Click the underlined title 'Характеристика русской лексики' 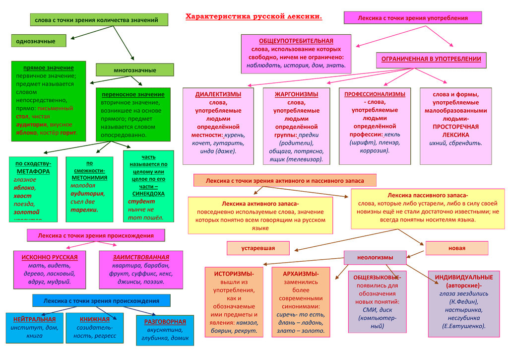tap(254, 17)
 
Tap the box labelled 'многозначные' tap(134, 70)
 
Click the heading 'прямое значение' tap(48, 68)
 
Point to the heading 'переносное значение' tap(132, 94)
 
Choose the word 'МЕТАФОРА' tap(33, 171)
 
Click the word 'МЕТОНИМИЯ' tap(89, 177)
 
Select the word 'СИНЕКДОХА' tap(148, 194)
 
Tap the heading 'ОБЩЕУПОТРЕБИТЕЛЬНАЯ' tap(296, 41)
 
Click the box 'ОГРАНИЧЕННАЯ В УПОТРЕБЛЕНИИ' tap(431, 59)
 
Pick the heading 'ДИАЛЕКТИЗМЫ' tap(218, 94)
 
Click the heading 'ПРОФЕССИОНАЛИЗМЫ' tap(375, 94)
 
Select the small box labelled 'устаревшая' tap(258, 248)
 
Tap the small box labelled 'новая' tap(456, 248)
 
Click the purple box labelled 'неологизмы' tap(375, 257)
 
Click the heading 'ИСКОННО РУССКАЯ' tap(49, 257)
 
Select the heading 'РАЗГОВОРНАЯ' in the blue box tap(165, 322)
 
